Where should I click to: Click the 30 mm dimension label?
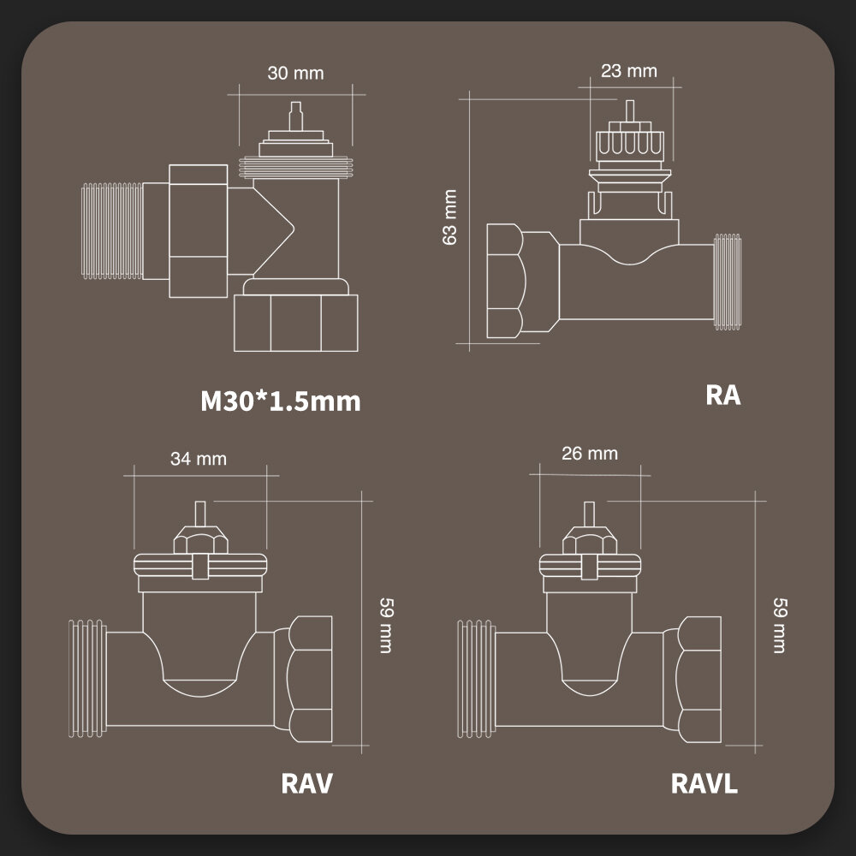tap(295, 73)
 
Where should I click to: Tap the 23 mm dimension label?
tap(628, 70)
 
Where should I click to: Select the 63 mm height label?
tap(450, 217)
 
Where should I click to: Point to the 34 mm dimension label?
tap(199, 458)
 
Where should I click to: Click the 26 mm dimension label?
tap(589, 453)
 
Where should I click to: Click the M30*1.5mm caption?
tap(281, 400)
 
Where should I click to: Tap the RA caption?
tap(723, 395)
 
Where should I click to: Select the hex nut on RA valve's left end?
tap(504, 282)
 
